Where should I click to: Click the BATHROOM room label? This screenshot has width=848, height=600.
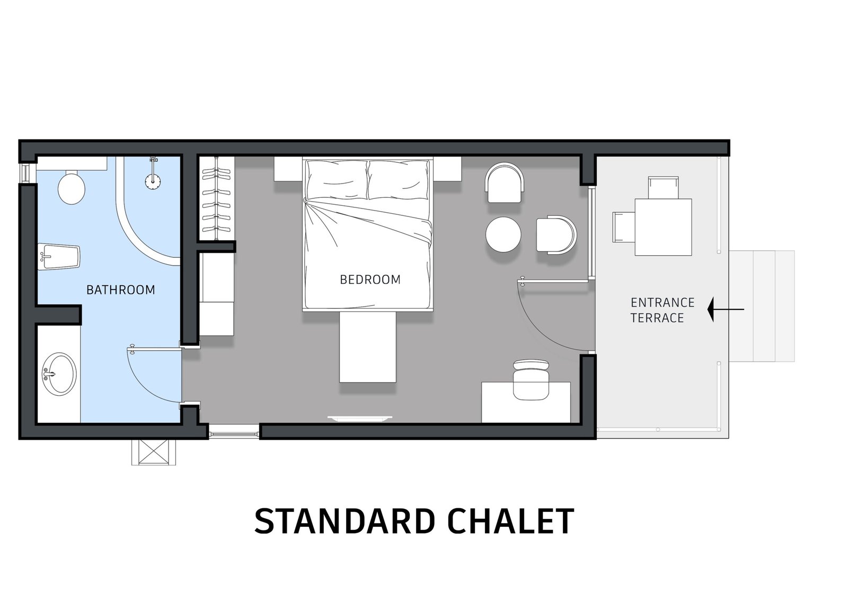point(121,290)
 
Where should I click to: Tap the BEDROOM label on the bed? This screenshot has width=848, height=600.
point(370,280)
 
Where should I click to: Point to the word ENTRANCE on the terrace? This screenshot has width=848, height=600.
point(662,302)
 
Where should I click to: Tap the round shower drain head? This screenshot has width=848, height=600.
point(153,181)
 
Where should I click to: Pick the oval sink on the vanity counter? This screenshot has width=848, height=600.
point(59,375)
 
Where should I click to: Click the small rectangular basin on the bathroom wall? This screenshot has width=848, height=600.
point(59,257)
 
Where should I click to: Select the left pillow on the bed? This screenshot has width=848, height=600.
point(337,180)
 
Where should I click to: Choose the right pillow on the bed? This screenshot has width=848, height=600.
point(399,180)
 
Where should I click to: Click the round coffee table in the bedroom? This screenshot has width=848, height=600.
point(503,234)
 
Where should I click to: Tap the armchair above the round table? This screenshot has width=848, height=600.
point(505,182)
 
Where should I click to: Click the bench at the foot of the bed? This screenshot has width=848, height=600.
point(368,347)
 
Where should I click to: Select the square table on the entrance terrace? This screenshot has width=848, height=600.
point(663,227)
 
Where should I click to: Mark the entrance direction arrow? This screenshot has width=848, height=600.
point(726,309)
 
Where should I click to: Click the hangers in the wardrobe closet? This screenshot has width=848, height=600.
point(216,199)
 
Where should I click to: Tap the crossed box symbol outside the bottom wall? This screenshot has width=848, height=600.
point(154,452)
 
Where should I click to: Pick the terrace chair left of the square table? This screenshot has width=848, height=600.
point(624,227)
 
